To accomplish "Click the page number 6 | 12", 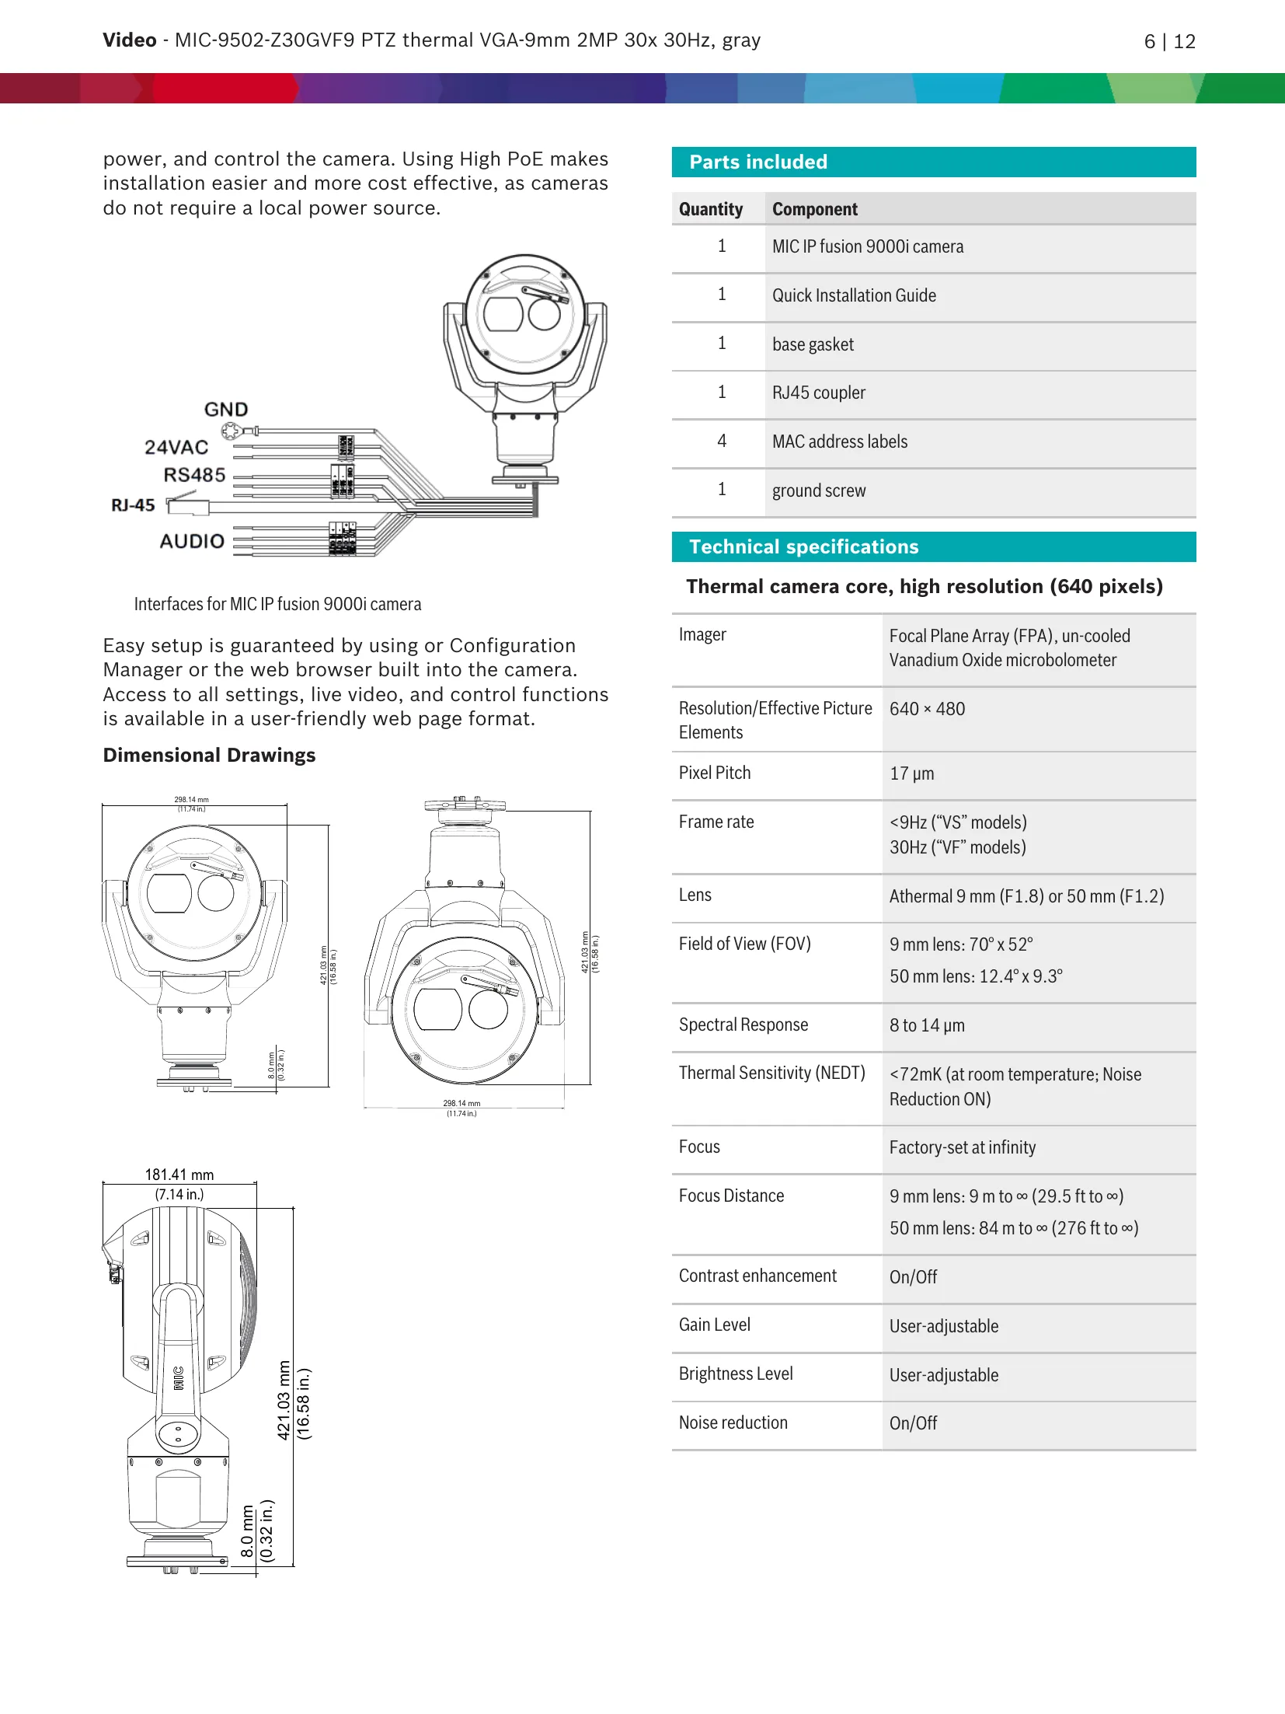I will (x=1168, y=41).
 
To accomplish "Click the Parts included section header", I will (x=758, y=162).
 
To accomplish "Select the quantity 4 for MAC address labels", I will (x=722, y=441).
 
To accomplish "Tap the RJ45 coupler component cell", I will (x=818, y=393).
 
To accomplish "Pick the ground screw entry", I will (x=818, y=490).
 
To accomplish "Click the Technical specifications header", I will (x=803, y=546).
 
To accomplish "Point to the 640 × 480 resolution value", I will (x=927, y=709).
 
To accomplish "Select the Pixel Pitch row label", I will (x=714, y=773).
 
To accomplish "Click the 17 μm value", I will (x=911, y=773).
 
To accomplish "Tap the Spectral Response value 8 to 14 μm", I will (x=927, y=1025).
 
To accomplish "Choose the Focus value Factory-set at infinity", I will (x=962, y=1147).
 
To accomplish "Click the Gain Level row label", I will (x=714, y=1325).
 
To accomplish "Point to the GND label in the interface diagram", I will (x=226, y=410).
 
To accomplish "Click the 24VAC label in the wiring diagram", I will (x=176, y=447).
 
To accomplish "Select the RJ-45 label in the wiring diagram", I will (x=133, y=505).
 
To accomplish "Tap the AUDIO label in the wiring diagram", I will (x=192, y=541).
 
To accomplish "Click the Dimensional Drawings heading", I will (x=209, y=755).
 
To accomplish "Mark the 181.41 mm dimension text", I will (x=179, y=1175).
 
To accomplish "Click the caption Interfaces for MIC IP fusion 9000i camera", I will (x=277, y=604).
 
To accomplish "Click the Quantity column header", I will (x=710, y=209).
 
